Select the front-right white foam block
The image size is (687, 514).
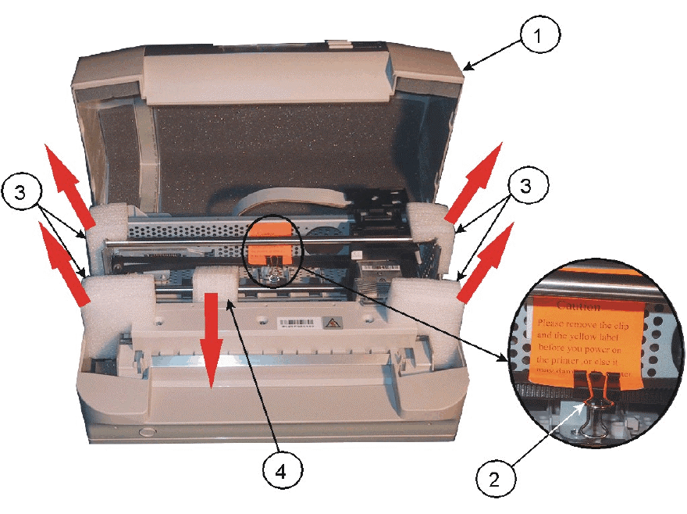421,309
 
